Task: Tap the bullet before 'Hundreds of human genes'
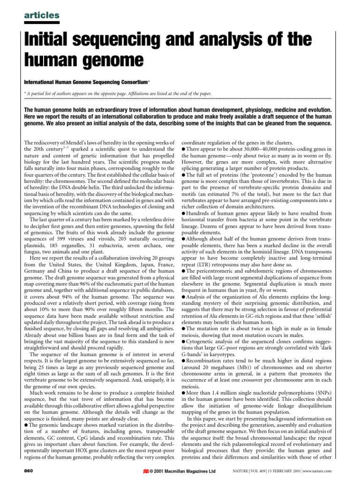click(x=183, y=213)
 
